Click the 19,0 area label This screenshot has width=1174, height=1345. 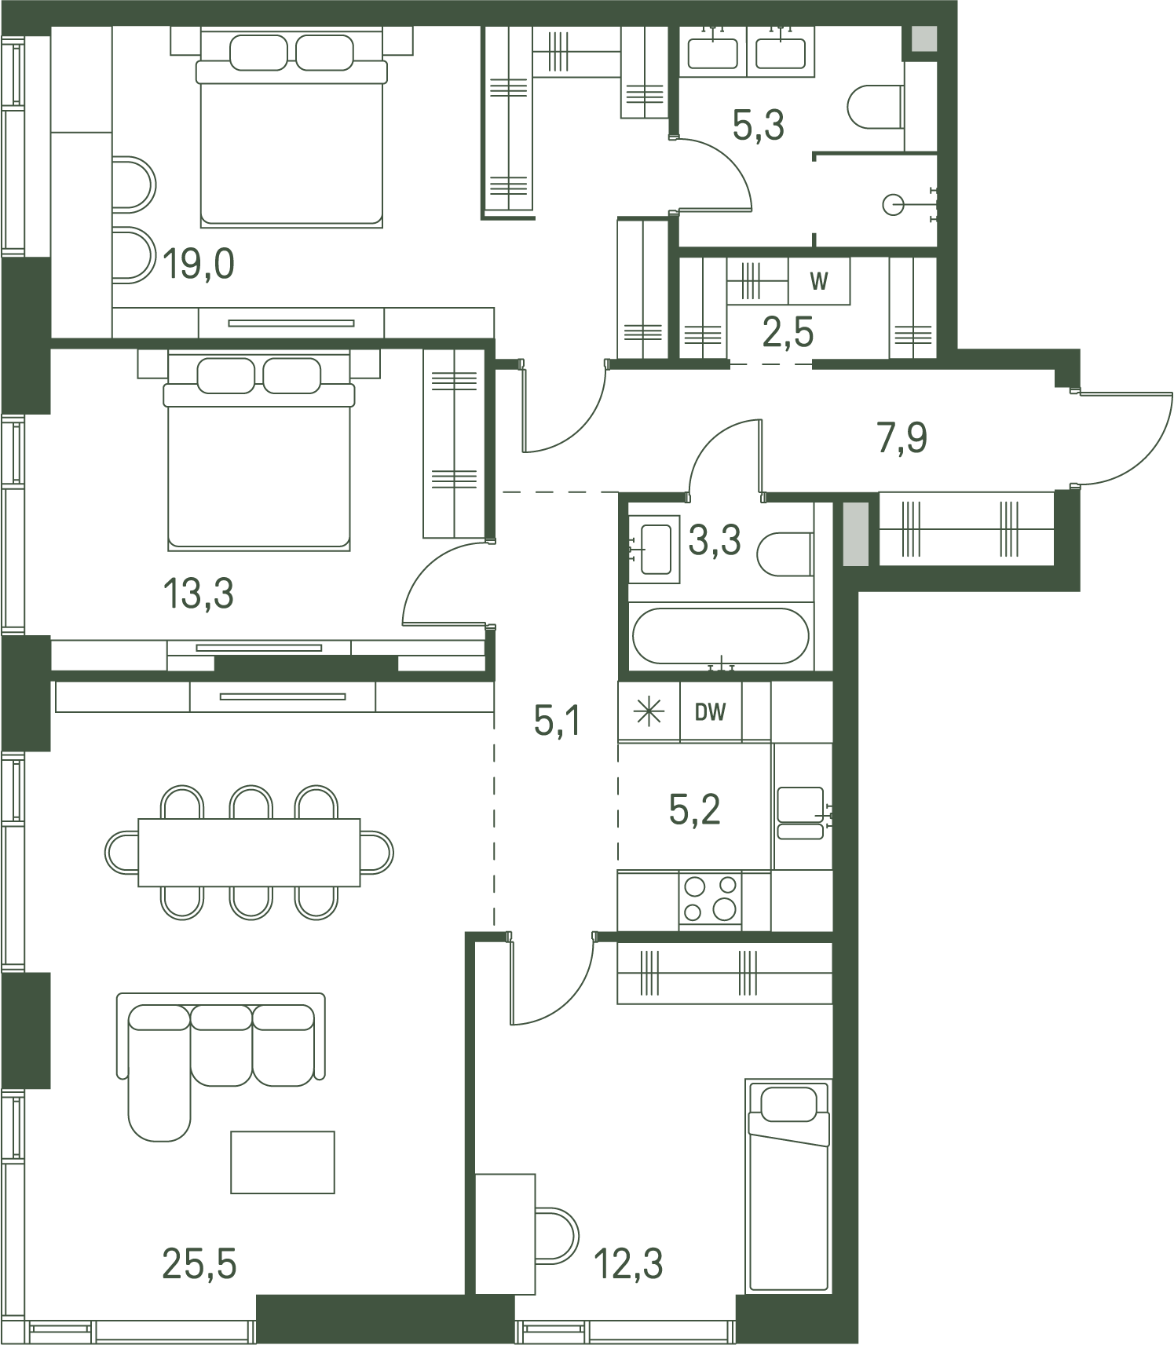coord(199,264)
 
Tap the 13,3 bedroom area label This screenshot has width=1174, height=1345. coord(198,594)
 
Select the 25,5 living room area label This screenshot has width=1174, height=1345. coord(199,1264)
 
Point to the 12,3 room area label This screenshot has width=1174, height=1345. coord(628,1264)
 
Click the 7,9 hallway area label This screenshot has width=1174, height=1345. coord(902,437)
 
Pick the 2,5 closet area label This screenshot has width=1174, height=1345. coord(788,332)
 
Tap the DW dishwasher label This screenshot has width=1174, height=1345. coord(710,712)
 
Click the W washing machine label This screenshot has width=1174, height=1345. coord(818,281)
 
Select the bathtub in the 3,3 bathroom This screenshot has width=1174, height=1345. coord(720,636)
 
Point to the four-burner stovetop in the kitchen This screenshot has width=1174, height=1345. coord(710,898)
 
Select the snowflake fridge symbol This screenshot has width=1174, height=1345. coord(649,712)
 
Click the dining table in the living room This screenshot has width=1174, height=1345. coord(249,853)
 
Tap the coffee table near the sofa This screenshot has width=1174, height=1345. coord(283,1162)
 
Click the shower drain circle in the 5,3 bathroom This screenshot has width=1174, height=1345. coord(894,206)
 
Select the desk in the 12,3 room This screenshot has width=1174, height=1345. coord(506,1234)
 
